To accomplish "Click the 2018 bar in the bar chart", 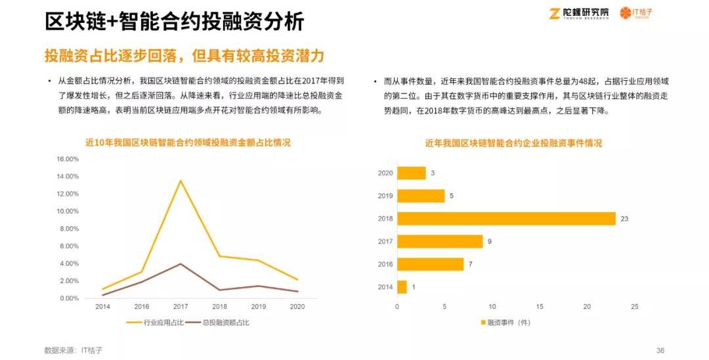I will pos(506,219).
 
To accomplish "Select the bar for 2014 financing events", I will pos(402,287).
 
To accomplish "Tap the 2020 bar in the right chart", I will pos(411,173).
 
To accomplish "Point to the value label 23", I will pos(624,219).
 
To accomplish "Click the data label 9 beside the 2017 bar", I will pos(489,242).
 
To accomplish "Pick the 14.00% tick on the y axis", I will pos(68,177).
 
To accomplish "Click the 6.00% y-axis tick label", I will pos(69,246).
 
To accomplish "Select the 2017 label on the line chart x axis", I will pos(181,307).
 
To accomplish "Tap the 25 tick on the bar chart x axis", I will pos(634,307).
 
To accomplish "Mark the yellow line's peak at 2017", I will pos(181,180).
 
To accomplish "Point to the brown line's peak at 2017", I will pos(181,263).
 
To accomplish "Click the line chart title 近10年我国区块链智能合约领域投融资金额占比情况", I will pos(188,142).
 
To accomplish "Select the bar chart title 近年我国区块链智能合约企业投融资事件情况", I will pos(513,143).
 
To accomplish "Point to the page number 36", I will pos(660,350).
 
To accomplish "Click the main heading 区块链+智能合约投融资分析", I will pos(175,22).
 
